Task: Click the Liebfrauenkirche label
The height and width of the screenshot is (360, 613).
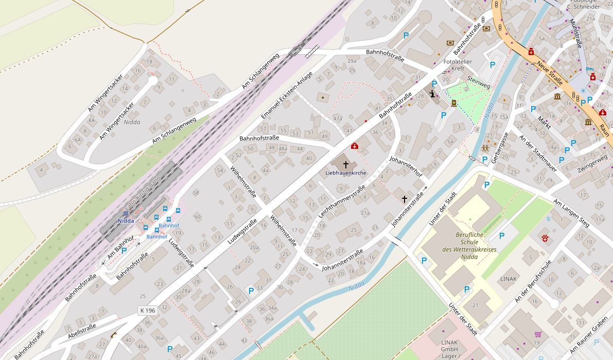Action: (345, 173)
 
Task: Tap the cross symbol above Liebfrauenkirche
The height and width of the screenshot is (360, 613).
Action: (346, 164)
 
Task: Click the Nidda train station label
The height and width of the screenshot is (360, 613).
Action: (126, 221)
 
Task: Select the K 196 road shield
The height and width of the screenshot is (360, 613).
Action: (147, 311)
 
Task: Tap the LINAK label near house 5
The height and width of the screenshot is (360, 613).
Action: (509, 279)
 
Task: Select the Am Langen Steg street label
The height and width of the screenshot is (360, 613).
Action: (571, 212)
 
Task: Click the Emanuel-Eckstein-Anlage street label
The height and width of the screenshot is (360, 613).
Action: (287, 95)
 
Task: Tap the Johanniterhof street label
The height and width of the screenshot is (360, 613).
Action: (406, 166)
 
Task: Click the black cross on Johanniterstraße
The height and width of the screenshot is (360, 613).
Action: (405, 199)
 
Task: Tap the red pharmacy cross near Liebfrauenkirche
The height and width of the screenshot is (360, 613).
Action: (354, 146)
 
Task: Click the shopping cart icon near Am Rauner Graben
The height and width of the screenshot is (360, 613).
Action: (538, 334)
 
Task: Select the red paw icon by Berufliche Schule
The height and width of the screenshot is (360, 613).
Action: (545, 237)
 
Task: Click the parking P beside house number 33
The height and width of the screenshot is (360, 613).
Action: (251, 291)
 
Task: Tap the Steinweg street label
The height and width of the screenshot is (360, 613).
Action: (479, 82)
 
